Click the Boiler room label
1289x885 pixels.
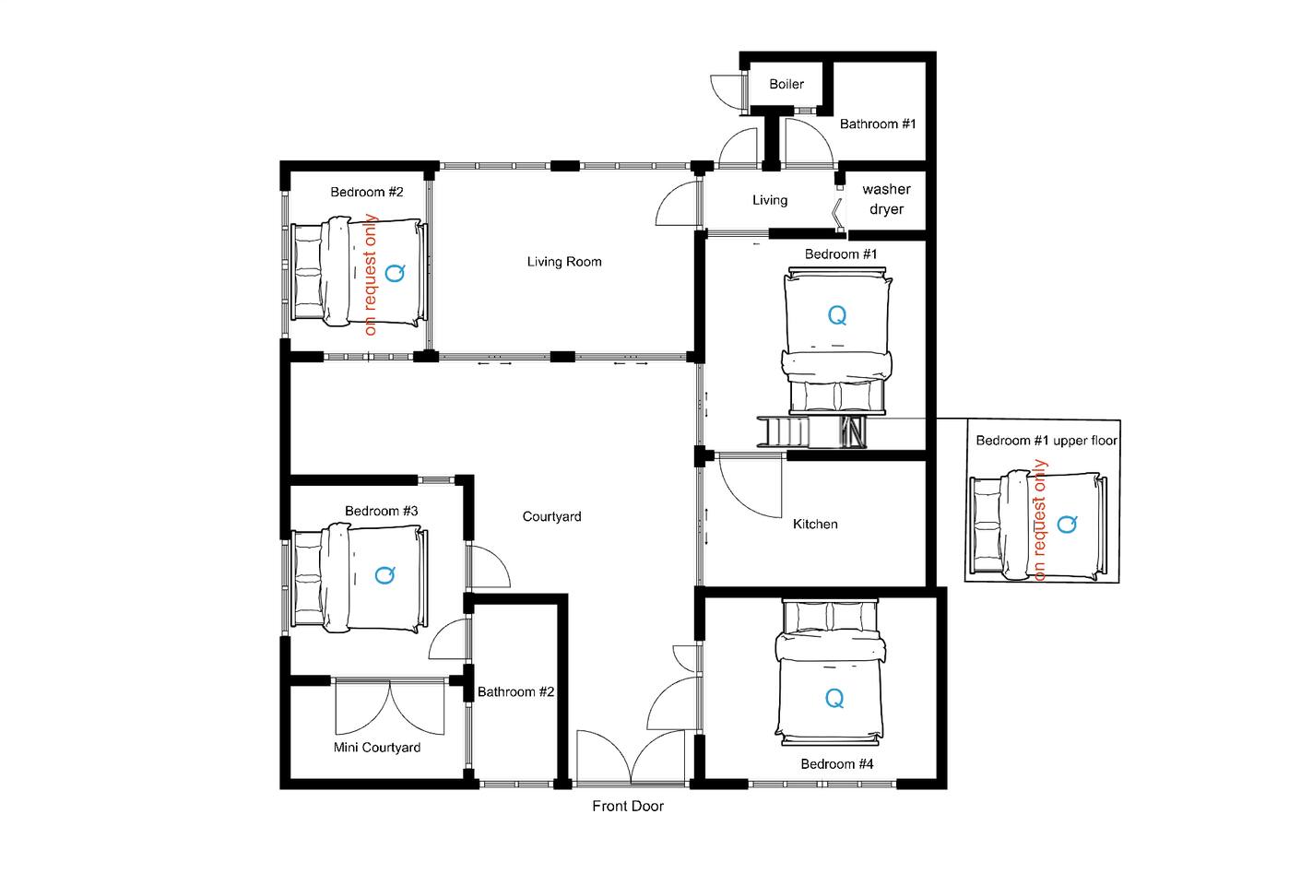(786, 84)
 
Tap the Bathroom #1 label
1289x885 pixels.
(878, 124)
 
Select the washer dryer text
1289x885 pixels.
(886, 199)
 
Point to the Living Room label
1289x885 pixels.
(564, 262)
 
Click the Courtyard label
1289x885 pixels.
(551, 517)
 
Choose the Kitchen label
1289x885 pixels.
(815, 525)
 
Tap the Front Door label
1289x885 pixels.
(628, 806)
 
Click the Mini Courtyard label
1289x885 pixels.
(377, 748)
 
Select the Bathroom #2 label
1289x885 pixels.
(515, 691)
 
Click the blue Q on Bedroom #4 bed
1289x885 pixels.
(834, 698)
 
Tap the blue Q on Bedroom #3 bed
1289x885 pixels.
(385, 574)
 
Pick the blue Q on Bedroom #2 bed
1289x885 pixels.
(395, 272)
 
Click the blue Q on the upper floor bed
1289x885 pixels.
(1067, 524)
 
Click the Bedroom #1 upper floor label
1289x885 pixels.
(1047, 441)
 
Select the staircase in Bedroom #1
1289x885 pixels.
(811, 431)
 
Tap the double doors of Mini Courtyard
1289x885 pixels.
(390, 707)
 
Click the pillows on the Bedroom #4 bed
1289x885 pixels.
(830, 617)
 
